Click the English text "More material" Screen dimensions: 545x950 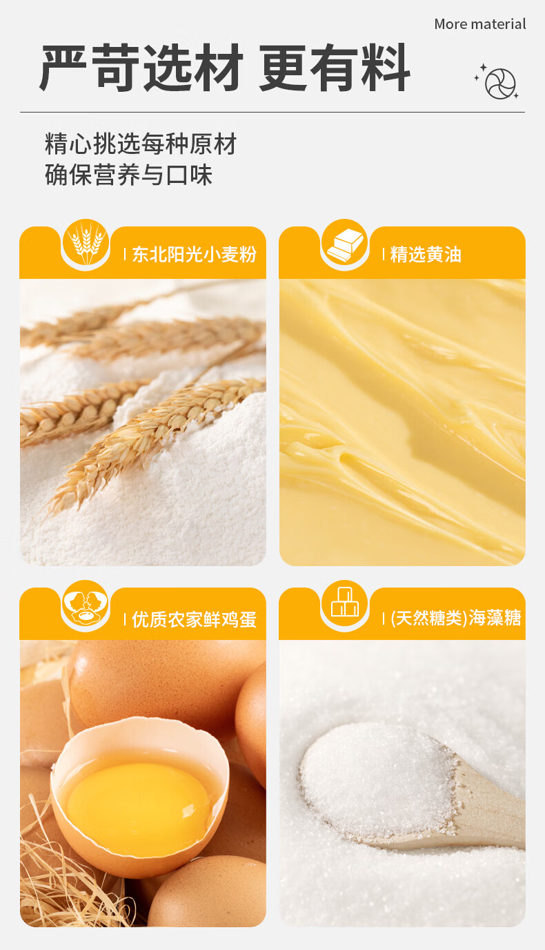[x=479, y=24]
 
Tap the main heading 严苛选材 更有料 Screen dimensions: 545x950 [x=225, y=68]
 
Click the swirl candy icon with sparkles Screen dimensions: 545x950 [x=497, y=82]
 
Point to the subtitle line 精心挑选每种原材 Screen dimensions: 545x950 [x=140, y=144]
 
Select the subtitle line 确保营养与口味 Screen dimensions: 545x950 [x=128, y=174]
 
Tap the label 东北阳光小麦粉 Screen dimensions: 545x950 [x=194, y=255]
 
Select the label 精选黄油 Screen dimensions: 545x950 [x=426, y=255]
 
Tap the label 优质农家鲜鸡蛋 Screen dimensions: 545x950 [x=194, y=619]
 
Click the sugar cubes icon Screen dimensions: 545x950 [x=345, y=603]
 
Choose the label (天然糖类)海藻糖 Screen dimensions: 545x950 [x=455, y=618]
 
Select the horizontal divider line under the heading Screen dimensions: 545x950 [x=272, y=113]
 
